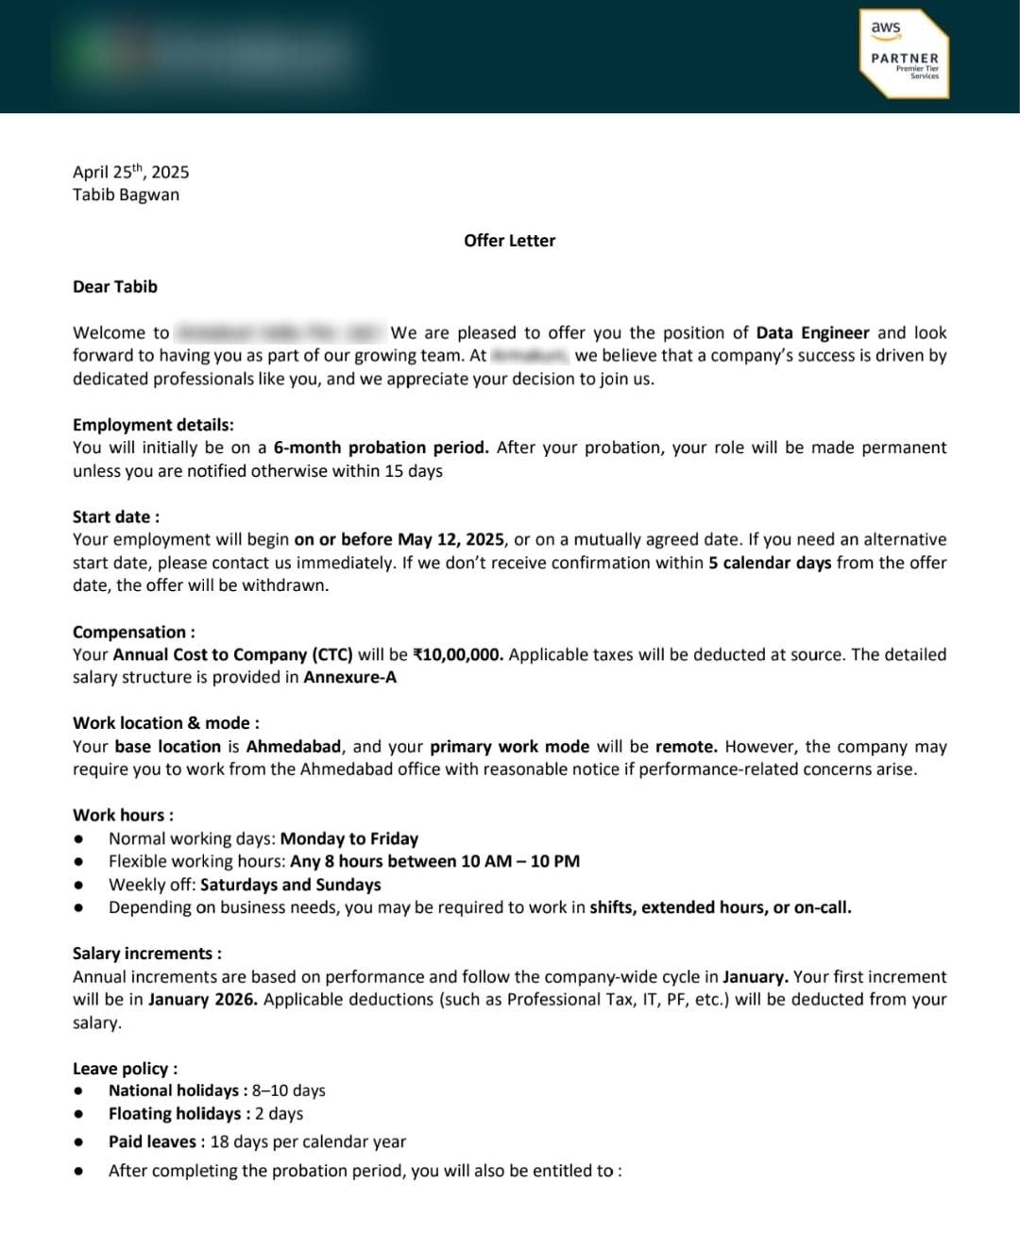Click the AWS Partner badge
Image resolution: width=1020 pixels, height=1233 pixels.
(904, 54)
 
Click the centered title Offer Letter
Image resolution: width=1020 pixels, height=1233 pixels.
(509, 241)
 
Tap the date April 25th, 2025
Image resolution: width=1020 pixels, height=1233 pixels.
(130, 172)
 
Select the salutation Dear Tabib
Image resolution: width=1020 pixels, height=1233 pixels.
(115, 287)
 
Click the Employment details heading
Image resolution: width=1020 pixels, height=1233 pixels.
(153, 425)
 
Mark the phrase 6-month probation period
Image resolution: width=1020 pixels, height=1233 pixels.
(381, 448)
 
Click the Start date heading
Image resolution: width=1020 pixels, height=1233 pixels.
(116, 516)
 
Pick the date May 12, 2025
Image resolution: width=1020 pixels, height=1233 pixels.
(450, 539)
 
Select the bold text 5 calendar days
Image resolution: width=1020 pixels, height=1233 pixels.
(770, 563)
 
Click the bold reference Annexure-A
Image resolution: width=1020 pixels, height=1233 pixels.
(349, 677)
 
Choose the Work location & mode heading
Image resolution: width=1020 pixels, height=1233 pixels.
(166, 723)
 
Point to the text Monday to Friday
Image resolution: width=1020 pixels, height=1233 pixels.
(349, 838)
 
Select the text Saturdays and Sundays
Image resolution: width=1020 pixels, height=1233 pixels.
(291, 885)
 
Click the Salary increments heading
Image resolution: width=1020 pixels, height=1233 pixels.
(147, 954)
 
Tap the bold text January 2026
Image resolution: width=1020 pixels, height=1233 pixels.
(202, 1000)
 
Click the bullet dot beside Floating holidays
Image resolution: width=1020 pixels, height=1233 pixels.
(79, 1115)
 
